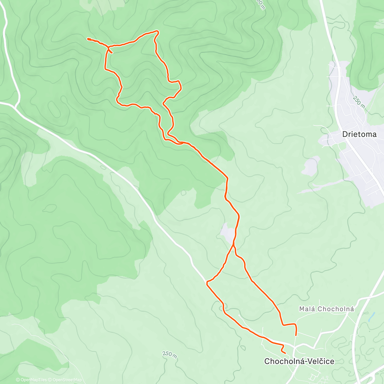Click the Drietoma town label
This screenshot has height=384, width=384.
point(359,134)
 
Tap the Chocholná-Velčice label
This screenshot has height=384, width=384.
point(299,361)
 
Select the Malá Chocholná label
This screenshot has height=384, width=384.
point(326,309)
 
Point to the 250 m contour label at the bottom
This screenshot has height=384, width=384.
point(170,355)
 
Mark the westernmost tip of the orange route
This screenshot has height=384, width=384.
point(88,39)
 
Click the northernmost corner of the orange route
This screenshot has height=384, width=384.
point(157,31)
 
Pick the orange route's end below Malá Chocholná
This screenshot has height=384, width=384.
point(296,335)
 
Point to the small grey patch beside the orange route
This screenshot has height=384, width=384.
point(227,232)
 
